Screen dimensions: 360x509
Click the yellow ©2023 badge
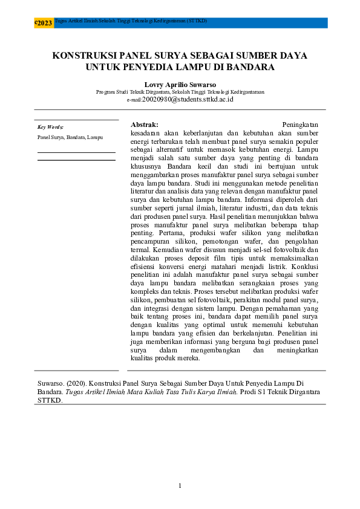coord(44,23)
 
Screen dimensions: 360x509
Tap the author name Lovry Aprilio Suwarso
coord(180,85)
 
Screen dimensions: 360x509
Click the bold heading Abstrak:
coord(145,123)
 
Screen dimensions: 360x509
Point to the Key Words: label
coord(50,128)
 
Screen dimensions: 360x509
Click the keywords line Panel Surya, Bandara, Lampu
coord(70,137)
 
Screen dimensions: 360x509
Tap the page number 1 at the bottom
coord(180,487)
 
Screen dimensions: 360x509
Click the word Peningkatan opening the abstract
coord(300,123)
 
